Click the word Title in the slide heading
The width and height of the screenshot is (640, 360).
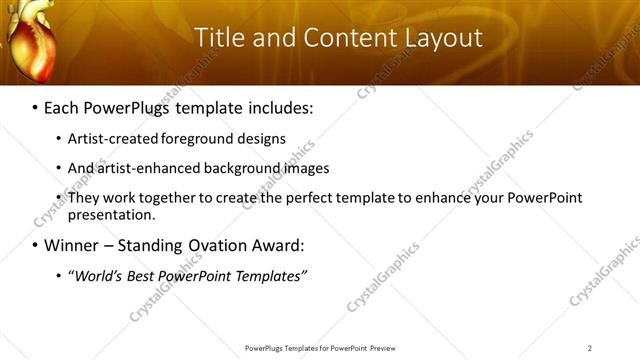pos(217,38)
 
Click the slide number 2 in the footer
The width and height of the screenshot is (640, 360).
pos(590,348)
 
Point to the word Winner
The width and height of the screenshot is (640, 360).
pos(73,245)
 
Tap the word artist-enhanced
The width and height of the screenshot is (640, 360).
pos(149,168)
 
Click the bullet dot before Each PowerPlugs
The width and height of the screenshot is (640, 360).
pos(35,107)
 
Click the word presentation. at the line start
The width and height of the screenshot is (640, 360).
pos(111,214)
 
